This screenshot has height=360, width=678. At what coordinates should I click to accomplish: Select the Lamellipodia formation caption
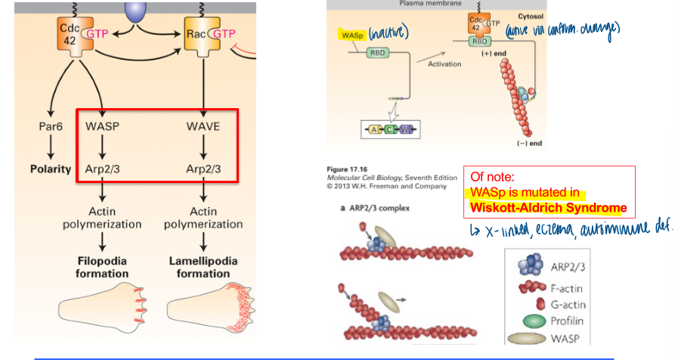coord(203,267)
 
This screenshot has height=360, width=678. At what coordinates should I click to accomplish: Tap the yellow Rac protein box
coord(200,34)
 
